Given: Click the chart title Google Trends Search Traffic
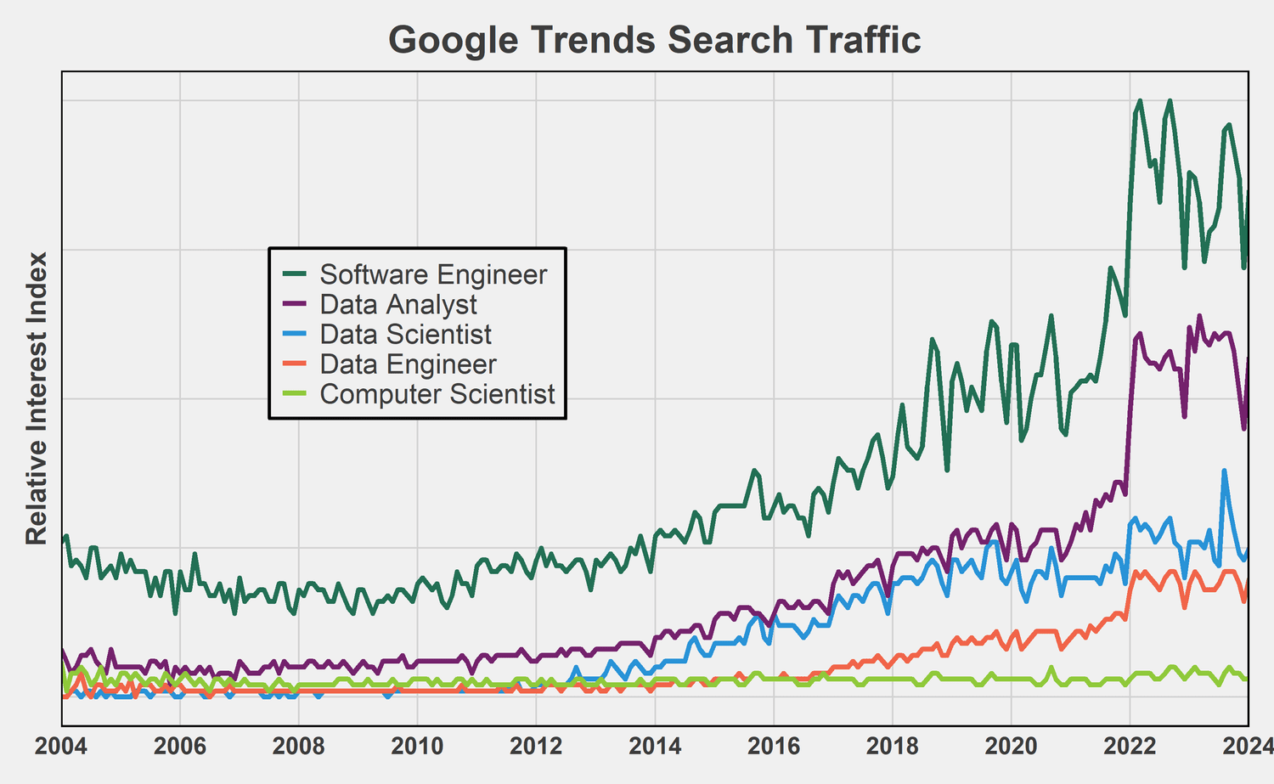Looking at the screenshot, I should (x=654, y=40).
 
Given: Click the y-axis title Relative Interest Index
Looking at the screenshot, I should (x=36, y=398).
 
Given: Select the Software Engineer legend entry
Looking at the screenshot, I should (x=433, y=274).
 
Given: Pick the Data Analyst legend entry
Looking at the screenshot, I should (x=398, y=304).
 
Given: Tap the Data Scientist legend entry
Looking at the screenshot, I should (x=405, y=334).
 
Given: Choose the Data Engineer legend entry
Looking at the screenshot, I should (x=408, y=364).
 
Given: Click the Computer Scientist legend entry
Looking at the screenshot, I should (x=437, y=394).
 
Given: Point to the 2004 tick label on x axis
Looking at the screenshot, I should (x=61, y=747).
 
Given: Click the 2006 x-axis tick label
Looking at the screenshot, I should (x=180, y=747).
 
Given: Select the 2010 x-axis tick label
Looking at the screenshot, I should (x=417, y=747).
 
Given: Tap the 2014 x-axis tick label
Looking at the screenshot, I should (x=655, y=747).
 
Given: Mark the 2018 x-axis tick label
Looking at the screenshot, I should (x=892, y=747).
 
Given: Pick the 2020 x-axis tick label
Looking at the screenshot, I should (x=1011, y=747).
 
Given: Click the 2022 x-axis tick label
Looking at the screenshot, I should (x=1130, y=747).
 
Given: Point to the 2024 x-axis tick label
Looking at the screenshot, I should (x=1247, y=747).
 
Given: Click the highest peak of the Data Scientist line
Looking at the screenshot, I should (x=1224, y=471).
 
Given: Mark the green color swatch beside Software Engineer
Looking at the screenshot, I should (x=294, y=274).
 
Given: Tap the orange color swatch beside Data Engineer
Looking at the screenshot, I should (x=294, y=364).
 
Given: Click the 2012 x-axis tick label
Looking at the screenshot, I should (x=536, y=747).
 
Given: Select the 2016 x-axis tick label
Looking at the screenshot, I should (x=773, y=747).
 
